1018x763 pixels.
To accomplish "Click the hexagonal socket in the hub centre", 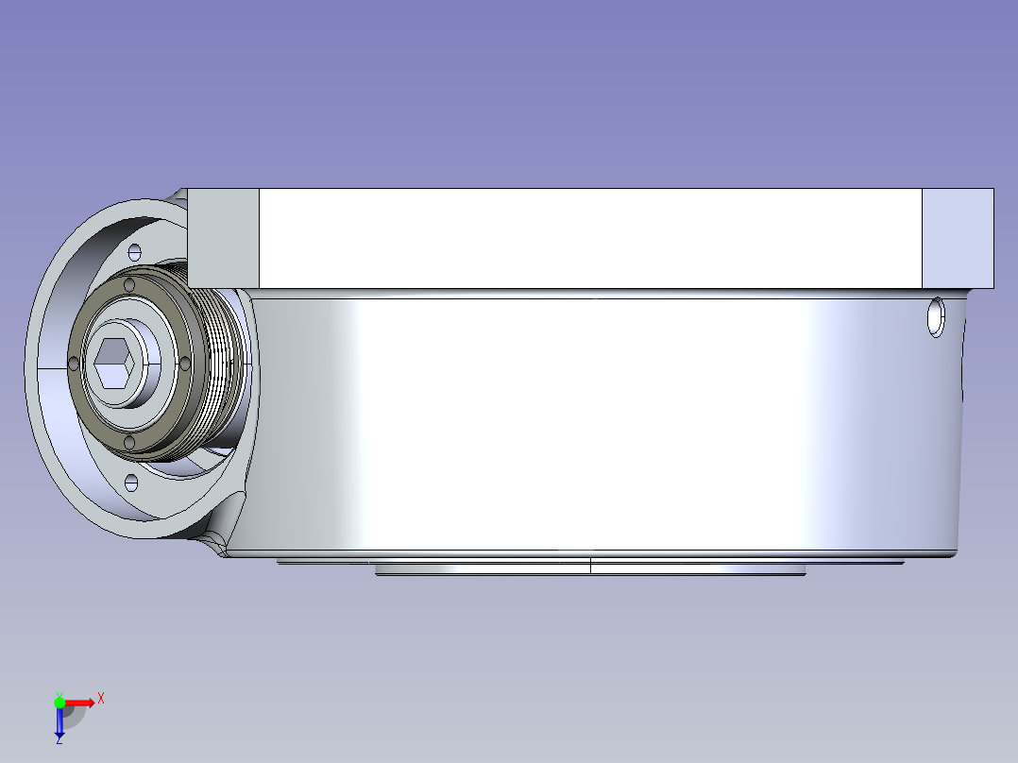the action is [114, 364].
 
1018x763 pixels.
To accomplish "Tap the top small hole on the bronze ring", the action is [129, 285].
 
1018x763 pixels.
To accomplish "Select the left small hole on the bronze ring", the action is [74, 363].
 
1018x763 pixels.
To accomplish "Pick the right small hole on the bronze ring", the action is [184, 363].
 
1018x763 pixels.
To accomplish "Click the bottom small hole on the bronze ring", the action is [129, 443].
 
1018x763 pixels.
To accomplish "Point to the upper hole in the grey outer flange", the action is [135, 252].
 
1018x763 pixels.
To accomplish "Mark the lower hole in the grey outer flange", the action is [131, 483].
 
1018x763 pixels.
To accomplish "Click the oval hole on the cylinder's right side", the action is [936, 317].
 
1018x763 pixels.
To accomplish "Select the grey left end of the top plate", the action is [223, 238].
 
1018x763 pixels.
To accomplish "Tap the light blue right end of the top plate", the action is [958, 238].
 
